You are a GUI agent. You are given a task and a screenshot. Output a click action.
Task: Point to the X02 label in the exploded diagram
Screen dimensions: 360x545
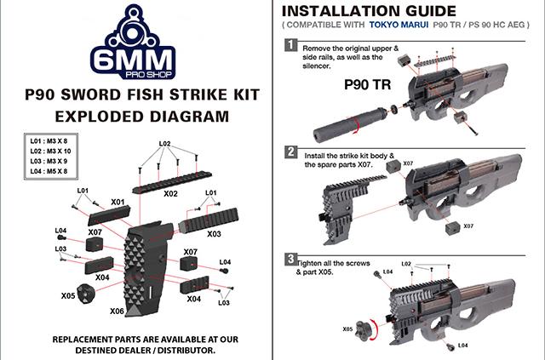(x=169, y=193)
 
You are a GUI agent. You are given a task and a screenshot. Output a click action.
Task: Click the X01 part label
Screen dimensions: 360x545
(x=118, y=203)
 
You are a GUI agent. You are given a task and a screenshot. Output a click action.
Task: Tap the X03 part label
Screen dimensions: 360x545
(x=214, y=233)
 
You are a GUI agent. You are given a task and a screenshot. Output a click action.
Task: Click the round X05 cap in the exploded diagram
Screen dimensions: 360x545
(x=87, y=290)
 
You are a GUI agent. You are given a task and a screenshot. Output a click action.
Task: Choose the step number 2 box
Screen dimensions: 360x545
(x=291, y=152)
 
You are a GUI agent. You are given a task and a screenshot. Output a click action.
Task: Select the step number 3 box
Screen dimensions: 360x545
(x=291, y=258)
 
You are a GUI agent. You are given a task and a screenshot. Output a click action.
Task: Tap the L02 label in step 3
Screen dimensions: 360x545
(x=405, y=264)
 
